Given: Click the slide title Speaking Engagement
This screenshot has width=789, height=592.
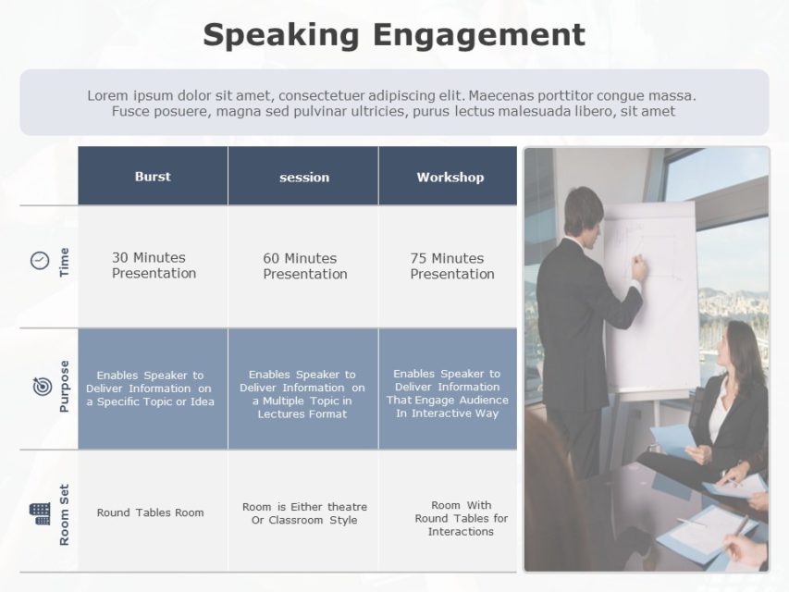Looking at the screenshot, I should (394, 35).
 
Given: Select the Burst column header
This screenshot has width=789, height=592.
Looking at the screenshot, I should (153, 176).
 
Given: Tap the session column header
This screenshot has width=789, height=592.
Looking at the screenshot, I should (303, 177).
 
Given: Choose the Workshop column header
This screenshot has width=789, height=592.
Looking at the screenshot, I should (450, 177).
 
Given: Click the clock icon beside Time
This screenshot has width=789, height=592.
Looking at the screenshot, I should (40, 261).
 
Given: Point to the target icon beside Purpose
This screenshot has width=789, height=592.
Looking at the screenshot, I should (42, 387).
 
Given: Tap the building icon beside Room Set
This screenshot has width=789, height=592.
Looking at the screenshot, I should (40, 512).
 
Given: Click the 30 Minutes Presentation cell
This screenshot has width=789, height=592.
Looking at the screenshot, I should (154, 265).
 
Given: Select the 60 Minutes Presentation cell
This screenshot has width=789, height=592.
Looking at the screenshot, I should (304, 266).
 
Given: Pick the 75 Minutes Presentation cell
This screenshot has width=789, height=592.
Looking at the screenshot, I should (451, 266).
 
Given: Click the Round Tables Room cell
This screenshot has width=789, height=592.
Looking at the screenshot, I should (151, 512).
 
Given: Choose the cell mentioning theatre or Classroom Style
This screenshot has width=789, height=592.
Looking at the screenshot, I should (304, 513).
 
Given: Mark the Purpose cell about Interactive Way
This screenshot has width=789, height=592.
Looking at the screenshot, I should (448, 393).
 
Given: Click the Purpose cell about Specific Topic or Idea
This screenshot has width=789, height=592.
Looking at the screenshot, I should (150, 388).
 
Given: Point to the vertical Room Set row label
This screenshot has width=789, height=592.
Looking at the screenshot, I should (64, 514).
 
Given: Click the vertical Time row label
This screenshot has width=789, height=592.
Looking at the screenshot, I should (64, 262).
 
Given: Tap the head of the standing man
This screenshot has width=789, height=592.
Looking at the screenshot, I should (584, 212).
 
